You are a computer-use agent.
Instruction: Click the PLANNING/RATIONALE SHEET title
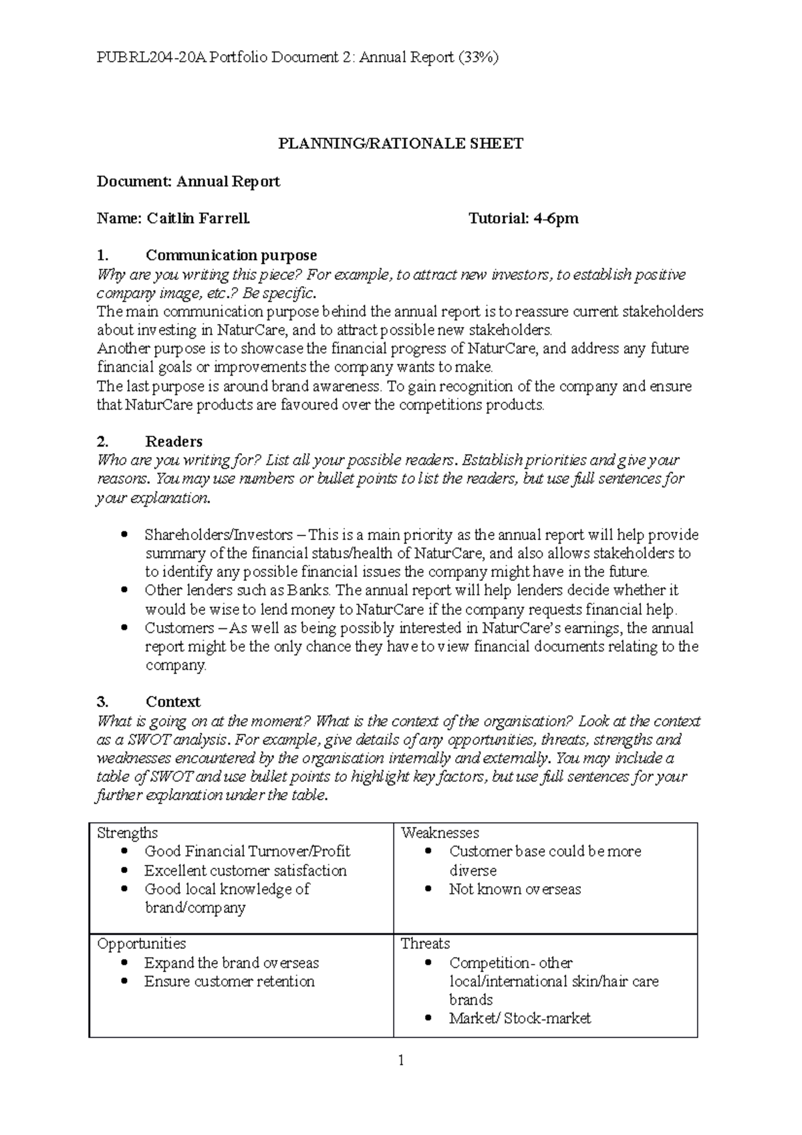click(400, 144)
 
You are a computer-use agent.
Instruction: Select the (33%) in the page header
click(478, 57)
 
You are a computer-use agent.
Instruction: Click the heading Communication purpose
click(231, 255)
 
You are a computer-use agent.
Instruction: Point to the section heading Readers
click(174, 441)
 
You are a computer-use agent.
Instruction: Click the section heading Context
click(173, 702)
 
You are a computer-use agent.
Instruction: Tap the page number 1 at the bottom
click(401, 1060)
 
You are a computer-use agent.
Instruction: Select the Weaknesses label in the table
click(440, 833)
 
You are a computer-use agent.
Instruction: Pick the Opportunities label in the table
click(142, 944)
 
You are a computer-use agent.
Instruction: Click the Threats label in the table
click(425, 944)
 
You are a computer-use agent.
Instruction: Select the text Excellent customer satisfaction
click(245, 871)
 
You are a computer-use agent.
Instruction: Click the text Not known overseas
click(515, 890)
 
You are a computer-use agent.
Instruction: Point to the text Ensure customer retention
click(229, 982)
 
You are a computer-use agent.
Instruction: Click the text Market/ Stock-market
click(520, 1019)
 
